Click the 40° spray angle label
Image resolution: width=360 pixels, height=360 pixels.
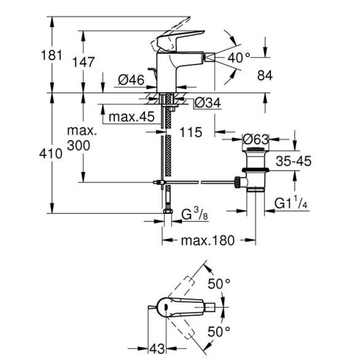coord(238,57)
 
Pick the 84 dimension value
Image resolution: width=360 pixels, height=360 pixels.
coord(265,76)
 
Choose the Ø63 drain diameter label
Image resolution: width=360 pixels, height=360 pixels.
coord(255,138)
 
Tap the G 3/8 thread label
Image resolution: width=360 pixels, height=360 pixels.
coord(195,215)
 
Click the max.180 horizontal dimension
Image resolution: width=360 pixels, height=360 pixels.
coord(207,241)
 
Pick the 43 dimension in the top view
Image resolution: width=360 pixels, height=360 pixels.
coord(155,348)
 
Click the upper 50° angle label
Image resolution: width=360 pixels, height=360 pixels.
coord(219,284)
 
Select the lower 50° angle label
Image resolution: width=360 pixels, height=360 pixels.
coord(219,333)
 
